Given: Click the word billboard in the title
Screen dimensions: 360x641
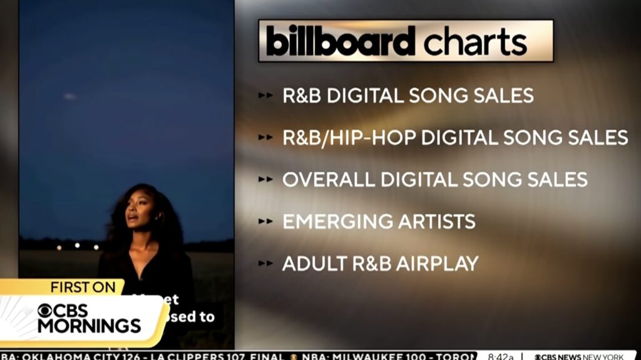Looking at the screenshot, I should (x=341, y=41).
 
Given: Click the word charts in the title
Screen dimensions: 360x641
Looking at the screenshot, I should (x=475, y=41).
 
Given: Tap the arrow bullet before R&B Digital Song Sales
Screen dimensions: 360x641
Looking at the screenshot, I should (x=265, y=96).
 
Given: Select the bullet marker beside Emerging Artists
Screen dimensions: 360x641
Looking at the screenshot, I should (x=265, y=221).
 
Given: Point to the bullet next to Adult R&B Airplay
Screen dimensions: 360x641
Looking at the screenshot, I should (x=265, y=263).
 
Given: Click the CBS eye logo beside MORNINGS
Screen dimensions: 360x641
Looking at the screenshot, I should (x=48, y=311).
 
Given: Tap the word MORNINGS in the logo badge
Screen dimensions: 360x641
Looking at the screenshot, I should (x=89, y=326).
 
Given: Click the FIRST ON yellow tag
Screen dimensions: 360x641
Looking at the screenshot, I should (x=83, y=287).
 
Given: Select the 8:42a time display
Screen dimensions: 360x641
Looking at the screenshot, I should (x=501, y=356).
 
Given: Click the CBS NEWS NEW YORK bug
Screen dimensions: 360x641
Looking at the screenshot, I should (x=579, y=356).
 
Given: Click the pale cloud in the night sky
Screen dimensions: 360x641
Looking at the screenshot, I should (x=69, y=96).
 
